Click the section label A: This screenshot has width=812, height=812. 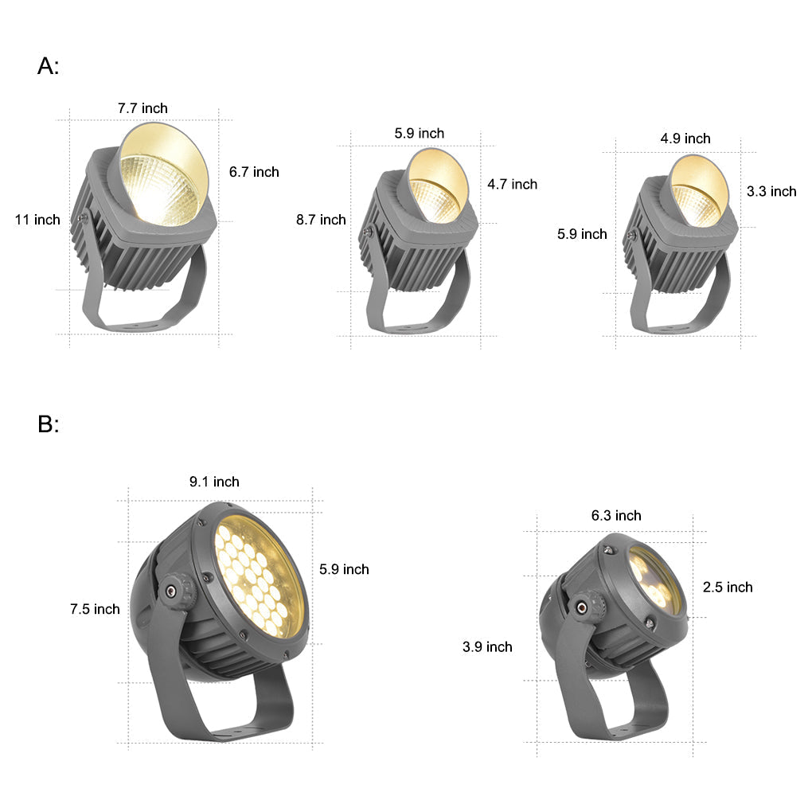click(48, 66)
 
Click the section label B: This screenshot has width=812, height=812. click(48, 424)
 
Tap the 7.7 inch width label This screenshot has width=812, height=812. click(142, 108)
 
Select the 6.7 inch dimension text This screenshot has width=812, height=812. click(254, 172)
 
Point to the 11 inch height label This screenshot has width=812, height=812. click(37, 220)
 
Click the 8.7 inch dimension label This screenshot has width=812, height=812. click(321, 220)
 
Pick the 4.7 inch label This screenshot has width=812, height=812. click(512, 185)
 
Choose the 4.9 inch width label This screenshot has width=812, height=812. click(685, 139)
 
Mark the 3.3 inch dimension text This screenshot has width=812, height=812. click(771, 192)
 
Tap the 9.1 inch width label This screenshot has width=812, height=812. click(214, 482)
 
